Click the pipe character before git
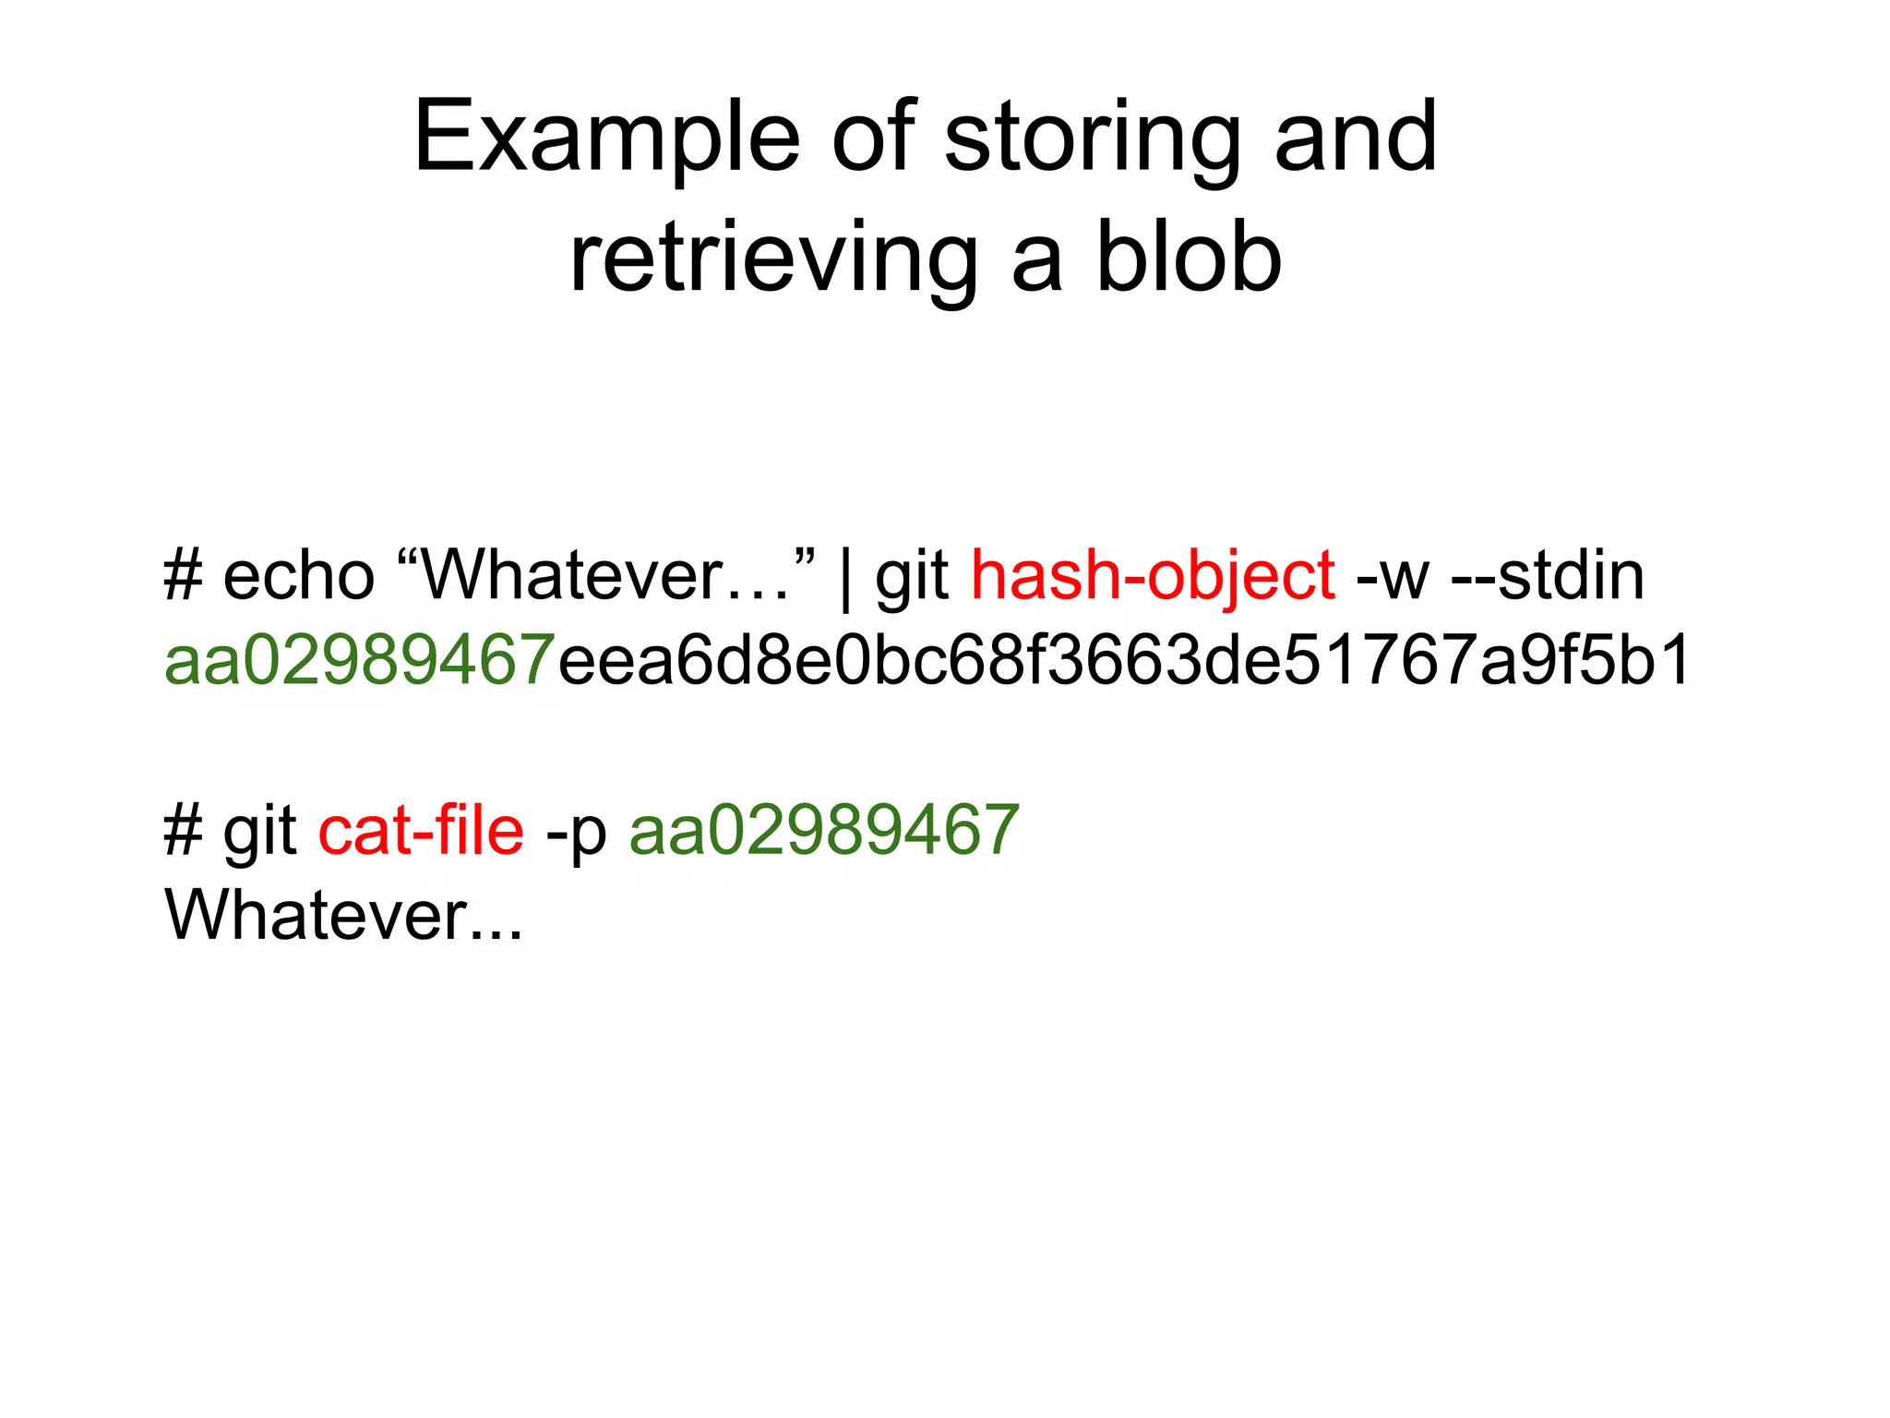(846, 577)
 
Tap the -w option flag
(1393, 577)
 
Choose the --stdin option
(1548, 577)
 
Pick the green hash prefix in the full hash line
(360, 661)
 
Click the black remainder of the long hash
(1124, 661)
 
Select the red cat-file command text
(421, 831)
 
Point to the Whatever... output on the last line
(343, 916)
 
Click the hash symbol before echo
(183, 577)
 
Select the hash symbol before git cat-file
(183, 831)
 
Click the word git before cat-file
(259, 833)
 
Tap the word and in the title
(1355, 138)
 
